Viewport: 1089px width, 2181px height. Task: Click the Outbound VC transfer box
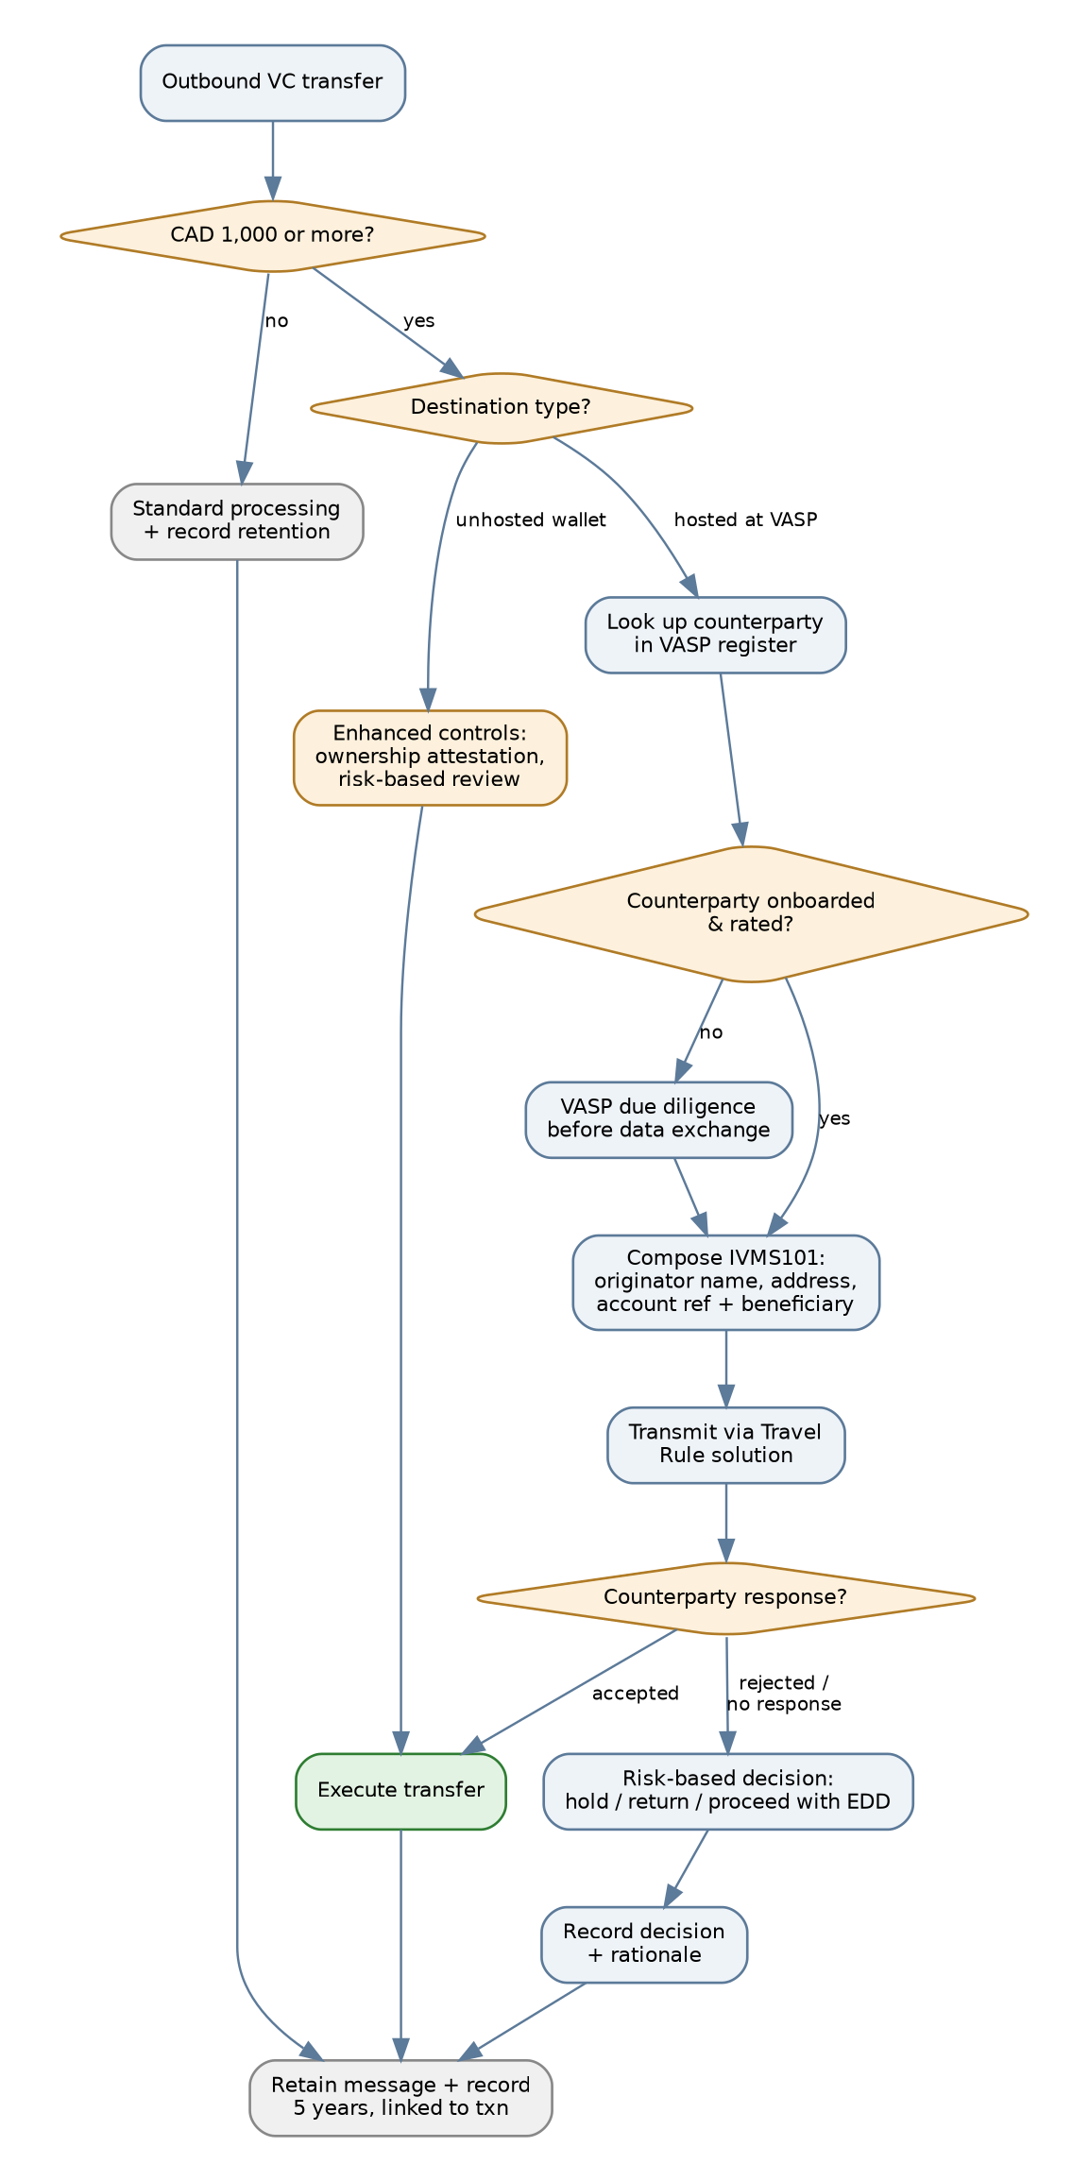click(272, 82)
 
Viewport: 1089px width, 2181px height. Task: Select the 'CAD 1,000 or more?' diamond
click(272, 235)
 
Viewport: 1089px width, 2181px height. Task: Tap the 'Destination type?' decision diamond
click(501, 407)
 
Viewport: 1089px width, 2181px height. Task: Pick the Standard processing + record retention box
click(237, 521)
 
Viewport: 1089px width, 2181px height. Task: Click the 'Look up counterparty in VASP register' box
click(715, 635)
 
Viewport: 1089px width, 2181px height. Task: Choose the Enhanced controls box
click(430, 758)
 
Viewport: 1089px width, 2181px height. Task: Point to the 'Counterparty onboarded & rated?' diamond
click(751, 913)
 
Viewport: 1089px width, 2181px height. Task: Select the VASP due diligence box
click(658, 1119)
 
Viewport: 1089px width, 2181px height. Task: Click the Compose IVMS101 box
click(725, 1282)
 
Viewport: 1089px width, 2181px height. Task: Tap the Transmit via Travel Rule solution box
click(725, 1444)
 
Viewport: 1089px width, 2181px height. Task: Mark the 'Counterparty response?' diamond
click(725, 1597)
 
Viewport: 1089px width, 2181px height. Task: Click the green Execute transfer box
click(400, 1790)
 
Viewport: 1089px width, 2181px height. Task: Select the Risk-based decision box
click(728, 1790)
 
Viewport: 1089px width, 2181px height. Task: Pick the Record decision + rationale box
click(644, 1944)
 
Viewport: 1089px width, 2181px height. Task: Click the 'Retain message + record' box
click(400, 2097)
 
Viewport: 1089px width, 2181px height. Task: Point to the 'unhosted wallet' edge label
click(531, 520)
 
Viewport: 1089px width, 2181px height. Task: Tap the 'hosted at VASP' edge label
click(745, 520)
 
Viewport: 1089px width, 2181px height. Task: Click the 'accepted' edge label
click(635, 1694)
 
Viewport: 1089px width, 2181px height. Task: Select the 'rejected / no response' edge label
click(783, 1694)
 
